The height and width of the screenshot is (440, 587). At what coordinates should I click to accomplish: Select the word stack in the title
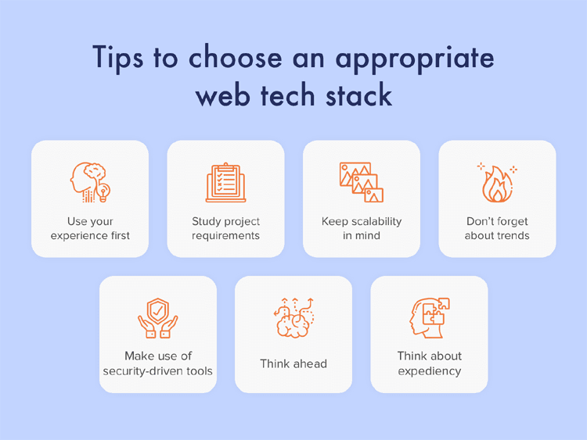click(356, 95)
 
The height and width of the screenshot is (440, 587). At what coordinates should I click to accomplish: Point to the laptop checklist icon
click(225, 183)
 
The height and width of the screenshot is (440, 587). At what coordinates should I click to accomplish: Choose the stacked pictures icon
click(361, 183)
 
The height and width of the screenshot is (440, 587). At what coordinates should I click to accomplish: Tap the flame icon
click(497, 183)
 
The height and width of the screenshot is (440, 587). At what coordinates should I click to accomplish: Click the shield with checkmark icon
click(158, 318)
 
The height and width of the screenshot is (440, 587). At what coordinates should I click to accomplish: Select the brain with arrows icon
click(293, 318)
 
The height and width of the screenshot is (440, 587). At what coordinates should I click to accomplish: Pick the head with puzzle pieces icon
click(429, 318)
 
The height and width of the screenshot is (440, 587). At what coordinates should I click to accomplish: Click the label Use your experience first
click(90, 228)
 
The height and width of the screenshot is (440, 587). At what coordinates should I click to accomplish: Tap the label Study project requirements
click(225, 228)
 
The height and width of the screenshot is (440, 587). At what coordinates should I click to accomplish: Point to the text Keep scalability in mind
click(361, 228)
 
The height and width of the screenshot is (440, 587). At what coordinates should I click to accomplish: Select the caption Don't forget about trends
click(497, 228)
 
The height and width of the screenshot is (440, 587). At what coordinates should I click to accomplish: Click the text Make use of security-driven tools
click(158, 363)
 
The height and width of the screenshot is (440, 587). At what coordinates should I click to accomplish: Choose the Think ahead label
click(293, 363)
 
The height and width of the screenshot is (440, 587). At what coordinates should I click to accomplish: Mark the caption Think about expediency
click(429, 363)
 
